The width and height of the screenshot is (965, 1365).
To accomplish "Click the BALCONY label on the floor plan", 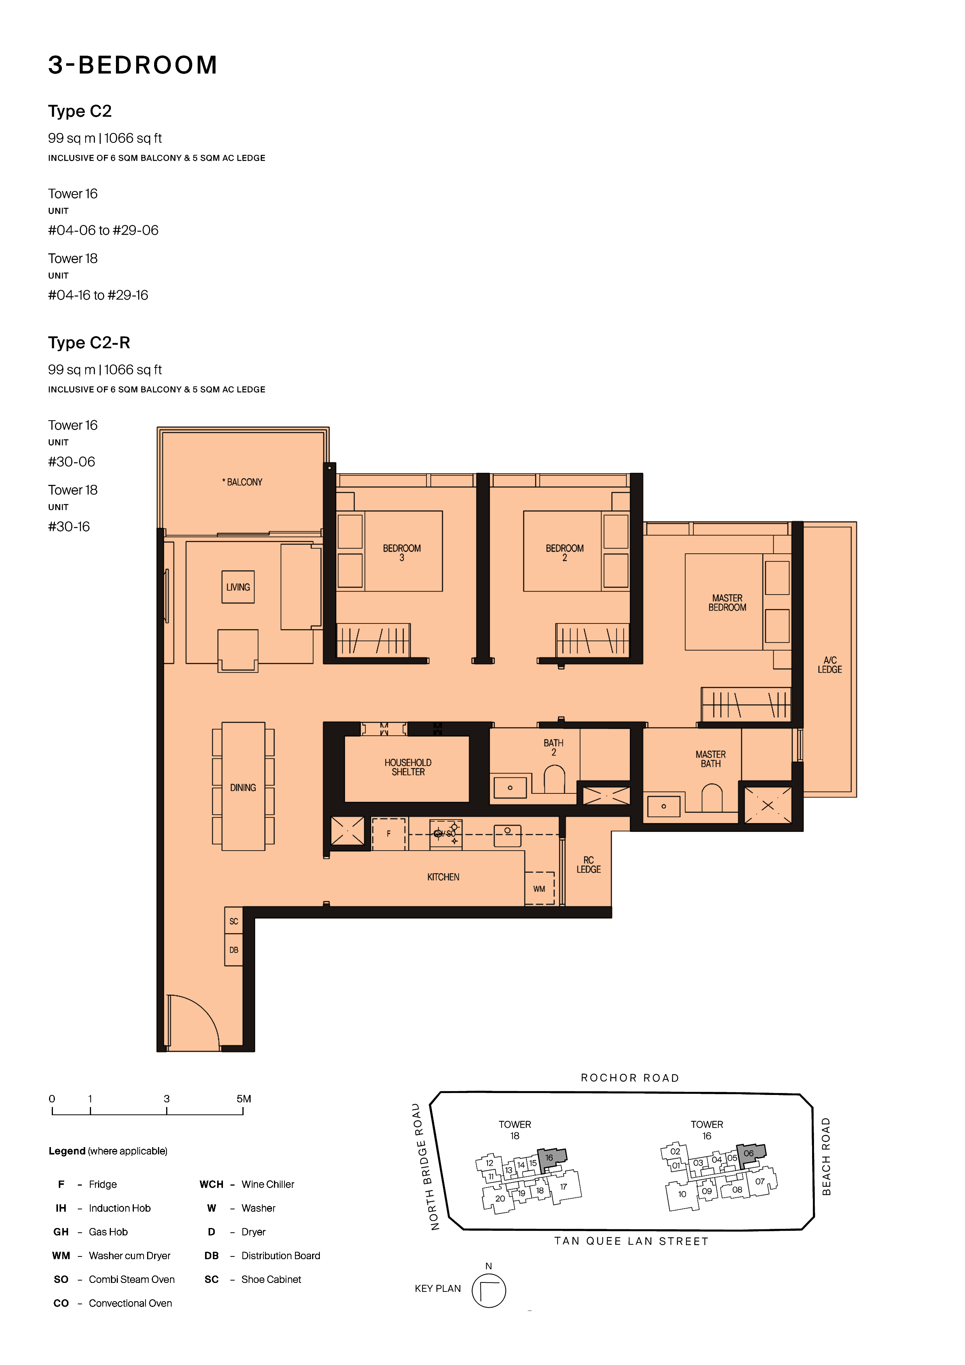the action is click(242, 482).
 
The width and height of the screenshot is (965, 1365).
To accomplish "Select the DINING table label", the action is click(243, 788).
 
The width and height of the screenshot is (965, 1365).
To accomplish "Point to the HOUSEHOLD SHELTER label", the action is click(408, 767).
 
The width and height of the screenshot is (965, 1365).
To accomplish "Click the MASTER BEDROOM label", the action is click(727, 603).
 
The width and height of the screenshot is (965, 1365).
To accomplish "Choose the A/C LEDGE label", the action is click(830, 665).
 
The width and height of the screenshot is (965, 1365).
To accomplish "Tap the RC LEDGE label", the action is click(589, 865).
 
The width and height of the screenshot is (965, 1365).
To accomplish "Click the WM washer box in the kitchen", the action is click(539, 888).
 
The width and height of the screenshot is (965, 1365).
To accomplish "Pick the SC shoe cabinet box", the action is click(234, 921).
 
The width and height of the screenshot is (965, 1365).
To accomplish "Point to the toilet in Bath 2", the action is click(554, 779).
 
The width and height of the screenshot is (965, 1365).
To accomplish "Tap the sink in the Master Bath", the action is click(663, 806).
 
